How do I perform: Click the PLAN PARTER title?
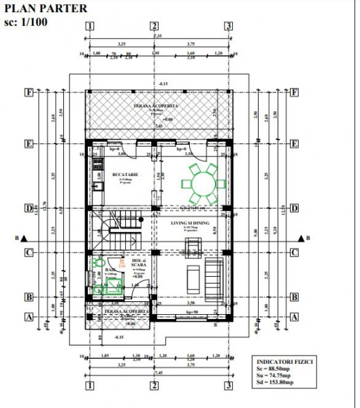(x=46, y=9)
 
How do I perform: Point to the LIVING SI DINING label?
(x=186, y=222)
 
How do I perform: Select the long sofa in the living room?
(x=213, y=275)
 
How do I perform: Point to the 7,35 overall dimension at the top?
(x=157, y=35)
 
